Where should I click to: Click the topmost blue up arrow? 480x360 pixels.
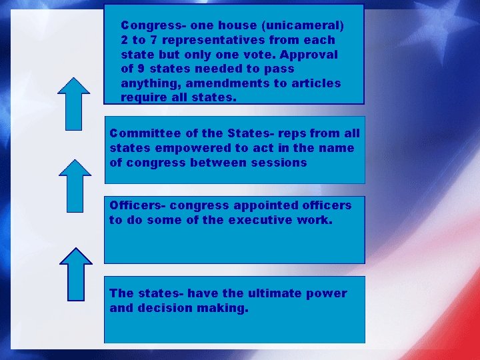74,103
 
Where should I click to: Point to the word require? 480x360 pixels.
143,97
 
